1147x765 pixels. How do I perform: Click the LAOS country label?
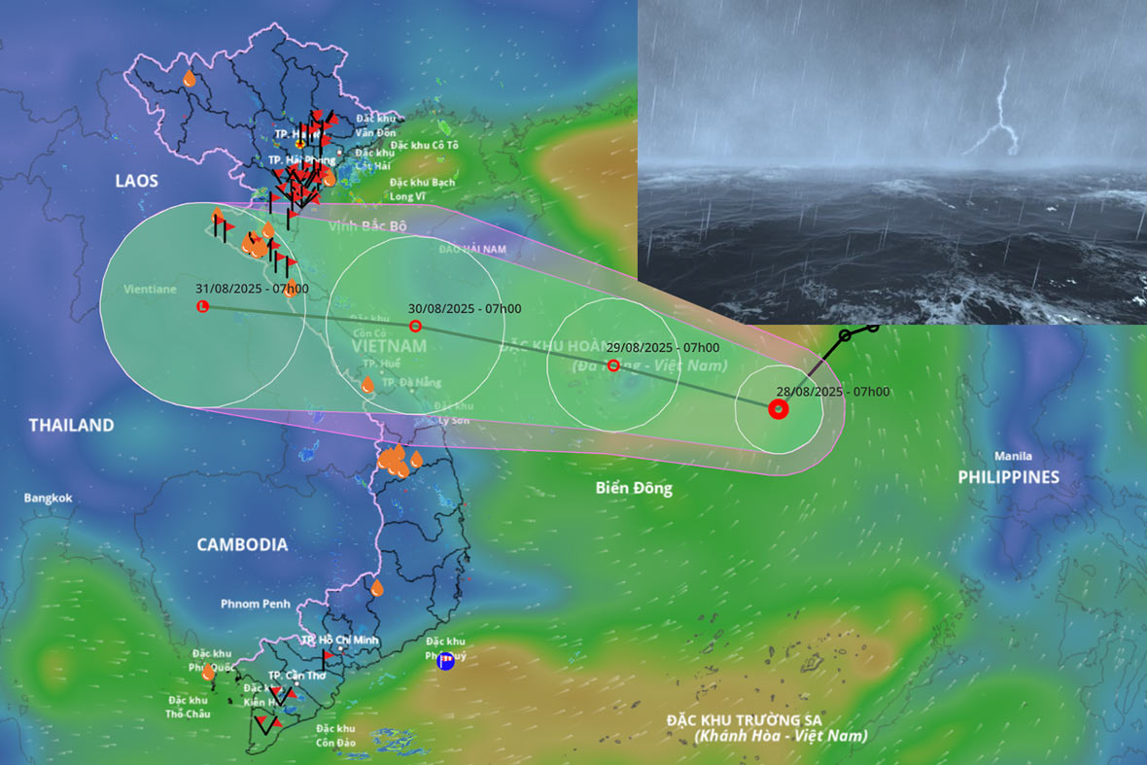[136, 181]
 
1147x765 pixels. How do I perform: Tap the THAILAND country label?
[71, 425]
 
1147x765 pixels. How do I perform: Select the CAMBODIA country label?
[242, 544]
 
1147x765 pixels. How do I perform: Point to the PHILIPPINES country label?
[1008, 476]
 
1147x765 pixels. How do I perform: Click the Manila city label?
[1013, 456]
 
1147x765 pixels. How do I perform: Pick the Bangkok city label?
[49, 498]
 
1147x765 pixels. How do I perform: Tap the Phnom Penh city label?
[255, 604]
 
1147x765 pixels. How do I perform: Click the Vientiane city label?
[150, 289]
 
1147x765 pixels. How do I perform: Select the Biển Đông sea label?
[634, 488]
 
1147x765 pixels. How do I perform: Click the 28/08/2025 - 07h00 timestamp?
[832, 392]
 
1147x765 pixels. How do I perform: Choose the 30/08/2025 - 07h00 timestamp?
[464, 308]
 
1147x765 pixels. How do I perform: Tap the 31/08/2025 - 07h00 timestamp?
[252, 288]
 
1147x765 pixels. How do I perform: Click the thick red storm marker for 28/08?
[778, 409]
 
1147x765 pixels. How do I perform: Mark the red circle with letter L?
[202, 306]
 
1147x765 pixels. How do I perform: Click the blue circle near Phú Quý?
[445, 662]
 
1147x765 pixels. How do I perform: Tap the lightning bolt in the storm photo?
[1003, 115]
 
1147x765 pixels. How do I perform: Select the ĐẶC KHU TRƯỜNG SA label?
[745, 719]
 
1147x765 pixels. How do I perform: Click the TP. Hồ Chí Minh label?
[340, 640]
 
